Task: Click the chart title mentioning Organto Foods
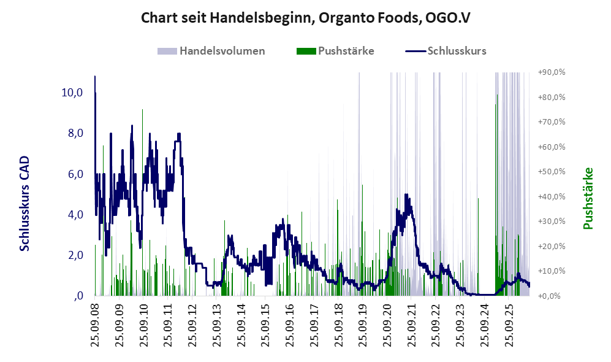pos(305,18)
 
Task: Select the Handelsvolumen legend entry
pos(211,51)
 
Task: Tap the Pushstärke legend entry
pos(335,51)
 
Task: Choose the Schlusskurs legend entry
pos(446,51)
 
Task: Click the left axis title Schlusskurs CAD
pos(25,204)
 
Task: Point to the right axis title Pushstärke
pos(588,198)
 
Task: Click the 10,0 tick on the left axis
pos(72,93)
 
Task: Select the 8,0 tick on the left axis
pos(75,133)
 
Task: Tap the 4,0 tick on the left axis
pos(75,215)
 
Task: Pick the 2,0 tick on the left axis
pos(75,255)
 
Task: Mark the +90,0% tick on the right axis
pos(552,72)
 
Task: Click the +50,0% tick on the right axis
pos(552,172)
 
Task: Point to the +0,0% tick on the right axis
pos(550,296)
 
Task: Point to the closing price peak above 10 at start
pos(95,77)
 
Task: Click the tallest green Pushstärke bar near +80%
pos(496,95)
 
